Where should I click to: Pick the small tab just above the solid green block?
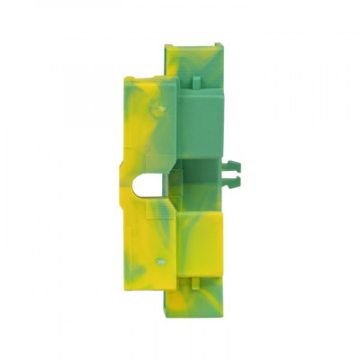(196, 82)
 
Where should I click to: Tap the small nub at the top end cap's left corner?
(168, 46)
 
